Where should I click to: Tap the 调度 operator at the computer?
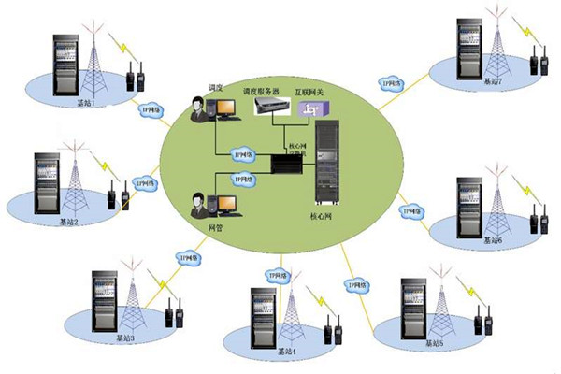pyautogui.click(x=200, y=108)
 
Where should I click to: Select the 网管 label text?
pyautogui.click(x=213, y=227)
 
